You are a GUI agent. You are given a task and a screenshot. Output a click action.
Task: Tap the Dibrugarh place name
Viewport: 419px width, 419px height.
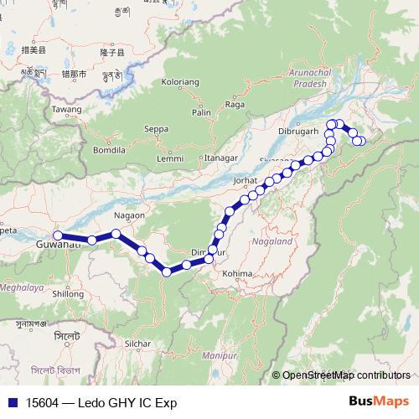(299, 132)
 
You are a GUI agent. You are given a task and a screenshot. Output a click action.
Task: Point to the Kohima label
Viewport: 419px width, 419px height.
(237, 272)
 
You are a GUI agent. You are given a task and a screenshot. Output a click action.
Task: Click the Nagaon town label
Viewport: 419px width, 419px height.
(129, 215)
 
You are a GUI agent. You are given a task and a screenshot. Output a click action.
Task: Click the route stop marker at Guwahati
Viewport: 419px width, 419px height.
(58, 235)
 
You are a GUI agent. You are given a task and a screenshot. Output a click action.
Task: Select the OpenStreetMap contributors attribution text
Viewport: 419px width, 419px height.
(345, 376)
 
